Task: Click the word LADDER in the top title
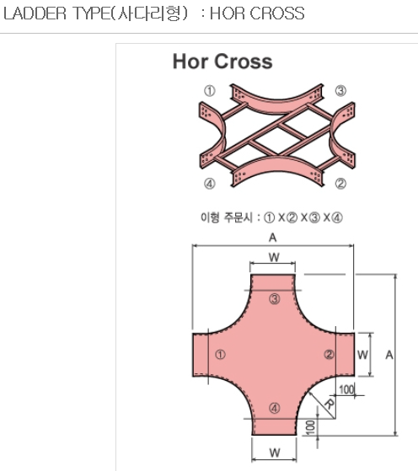point(35,13)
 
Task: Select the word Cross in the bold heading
point(244,62)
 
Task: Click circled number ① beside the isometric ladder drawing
point(210,90)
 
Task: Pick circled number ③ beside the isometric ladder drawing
point(340,90)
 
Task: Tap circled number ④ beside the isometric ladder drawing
point(210,183)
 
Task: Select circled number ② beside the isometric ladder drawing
point(340,183)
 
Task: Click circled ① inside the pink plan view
point(220,355)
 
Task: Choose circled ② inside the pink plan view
point(329,355)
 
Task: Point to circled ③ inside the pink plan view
point(275,299)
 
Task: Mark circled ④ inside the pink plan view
point(275,408)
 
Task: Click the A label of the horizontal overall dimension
point(272,238)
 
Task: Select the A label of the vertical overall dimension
point(389,355)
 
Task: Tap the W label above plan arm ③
point(274,258)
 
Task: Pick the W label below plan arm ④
point(275,452)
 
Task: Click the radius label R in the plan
point(330,404)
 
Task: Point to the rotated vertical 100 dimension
point(311,427)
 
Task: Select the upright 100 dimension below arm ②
point(346,389)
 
